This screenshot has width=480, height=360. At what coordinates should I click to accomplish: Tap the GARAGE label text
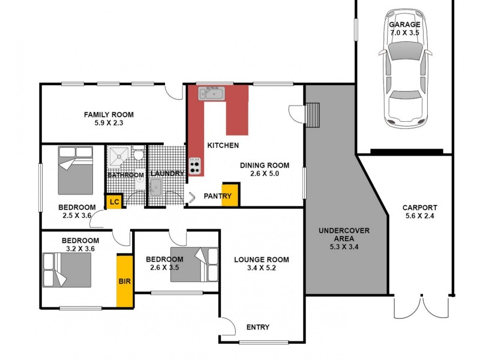point(405,25)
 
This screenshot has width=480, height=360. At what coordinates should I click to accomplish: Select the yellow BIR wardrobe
point(124,280)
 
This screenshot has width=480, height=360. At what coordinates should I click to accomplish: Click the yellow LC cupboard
point(113,202)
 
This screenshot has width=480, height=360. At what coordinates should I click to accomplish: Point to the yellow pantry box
point(230,195)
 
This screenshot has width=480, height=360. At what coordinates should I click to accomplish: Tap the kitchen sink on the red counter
point(211,93)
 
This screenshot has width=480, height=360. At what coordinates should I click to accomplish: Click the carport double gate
point(422,307)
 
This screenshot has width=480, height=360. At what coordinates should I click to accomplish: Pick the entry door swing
point(227,328)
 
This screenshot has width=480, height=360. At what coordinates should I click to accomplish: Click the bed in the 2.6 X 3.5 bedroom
point(194,264)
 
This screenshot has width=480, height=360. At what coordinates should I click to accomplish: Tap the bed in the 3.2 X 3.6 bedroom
point(67,269)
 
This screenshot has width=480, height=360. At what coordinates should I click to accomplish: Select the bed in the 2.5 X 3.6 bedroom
point(76,170)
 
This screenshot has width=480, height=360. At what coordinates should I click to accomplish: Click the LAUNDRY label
point(166,174)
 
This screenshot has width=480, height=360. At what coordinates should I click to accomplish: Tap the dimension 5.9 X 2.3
point(108,123)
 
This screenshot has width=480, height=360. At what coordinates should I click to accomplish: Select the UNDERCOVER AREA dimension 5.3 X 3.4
point(344,246)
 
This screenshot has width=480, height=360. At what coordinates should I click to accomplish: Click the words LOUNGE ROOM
point(261,260)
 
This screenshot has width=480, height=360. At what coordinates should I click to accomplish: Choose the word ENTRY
point(258,327)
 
